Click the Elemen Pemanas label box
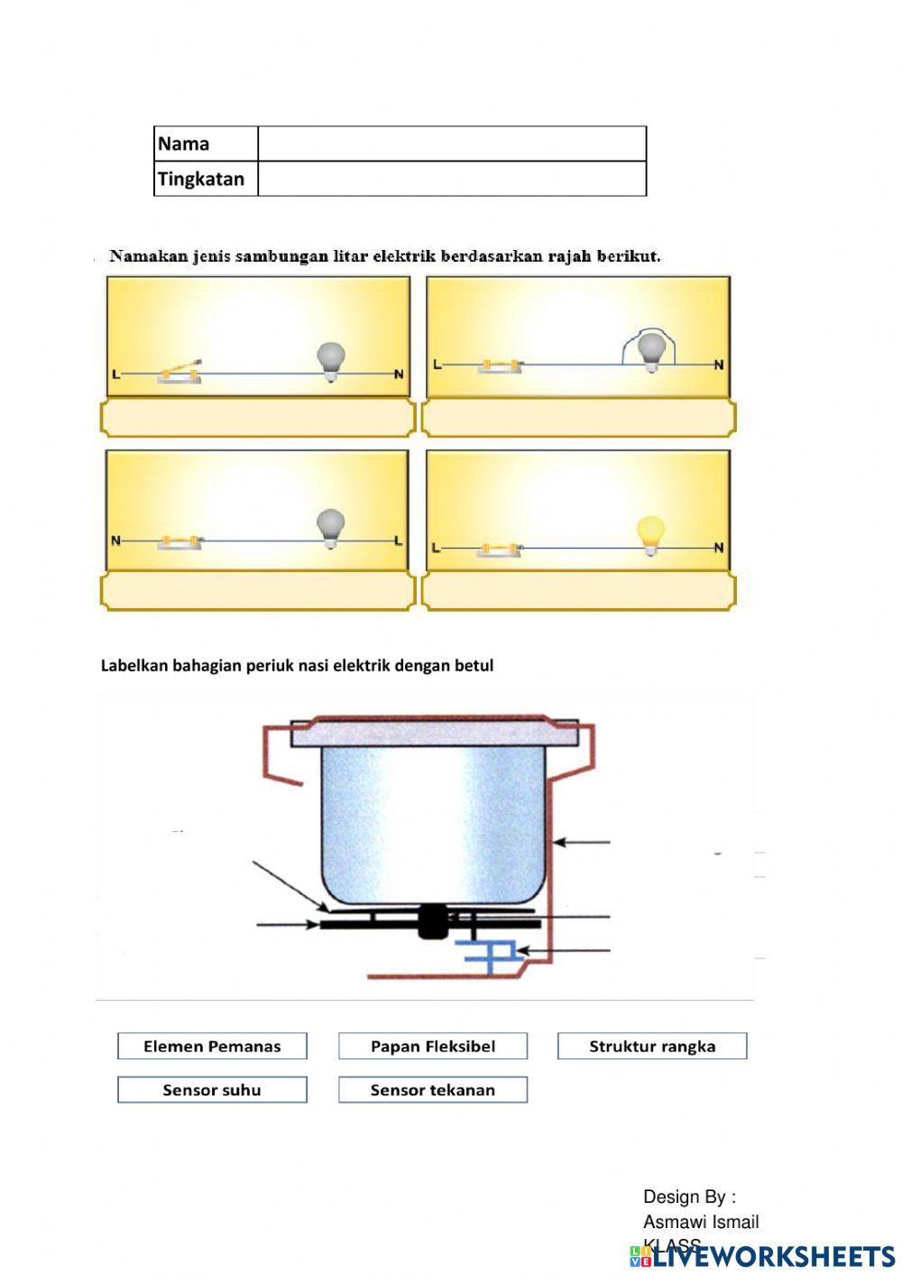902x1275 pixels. pos(212,1046)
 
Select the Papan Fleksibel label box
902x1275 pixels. pos(433,1046)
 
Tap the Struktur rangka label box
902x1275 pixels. pos(652,1046)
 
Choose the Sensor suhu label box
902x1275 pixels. pos(212,1089)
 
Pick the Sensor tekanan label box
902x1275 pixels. pos(433,1089)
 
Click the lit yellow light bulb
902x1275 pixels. pos(650,533)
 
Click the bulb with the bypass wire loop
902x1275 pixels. pos(651,350)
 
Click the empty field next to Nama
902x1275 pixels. pos(452,143)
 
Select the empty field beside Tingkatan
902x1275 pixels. pos(452,179)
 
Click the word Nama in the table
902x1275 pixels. pos(184,143)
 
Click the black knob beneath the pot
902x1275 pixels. pos(434,921)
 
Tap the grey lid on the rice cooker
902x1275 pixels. pos(434,732)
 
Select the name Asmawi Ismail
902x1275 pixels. pos(701,1222)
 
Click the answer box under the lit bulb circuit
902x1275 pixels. pos(578,591)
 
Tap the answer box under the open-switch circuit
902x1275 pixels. pos(258,418)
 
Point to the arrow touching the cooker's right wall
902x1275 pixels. pos(582,842)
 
